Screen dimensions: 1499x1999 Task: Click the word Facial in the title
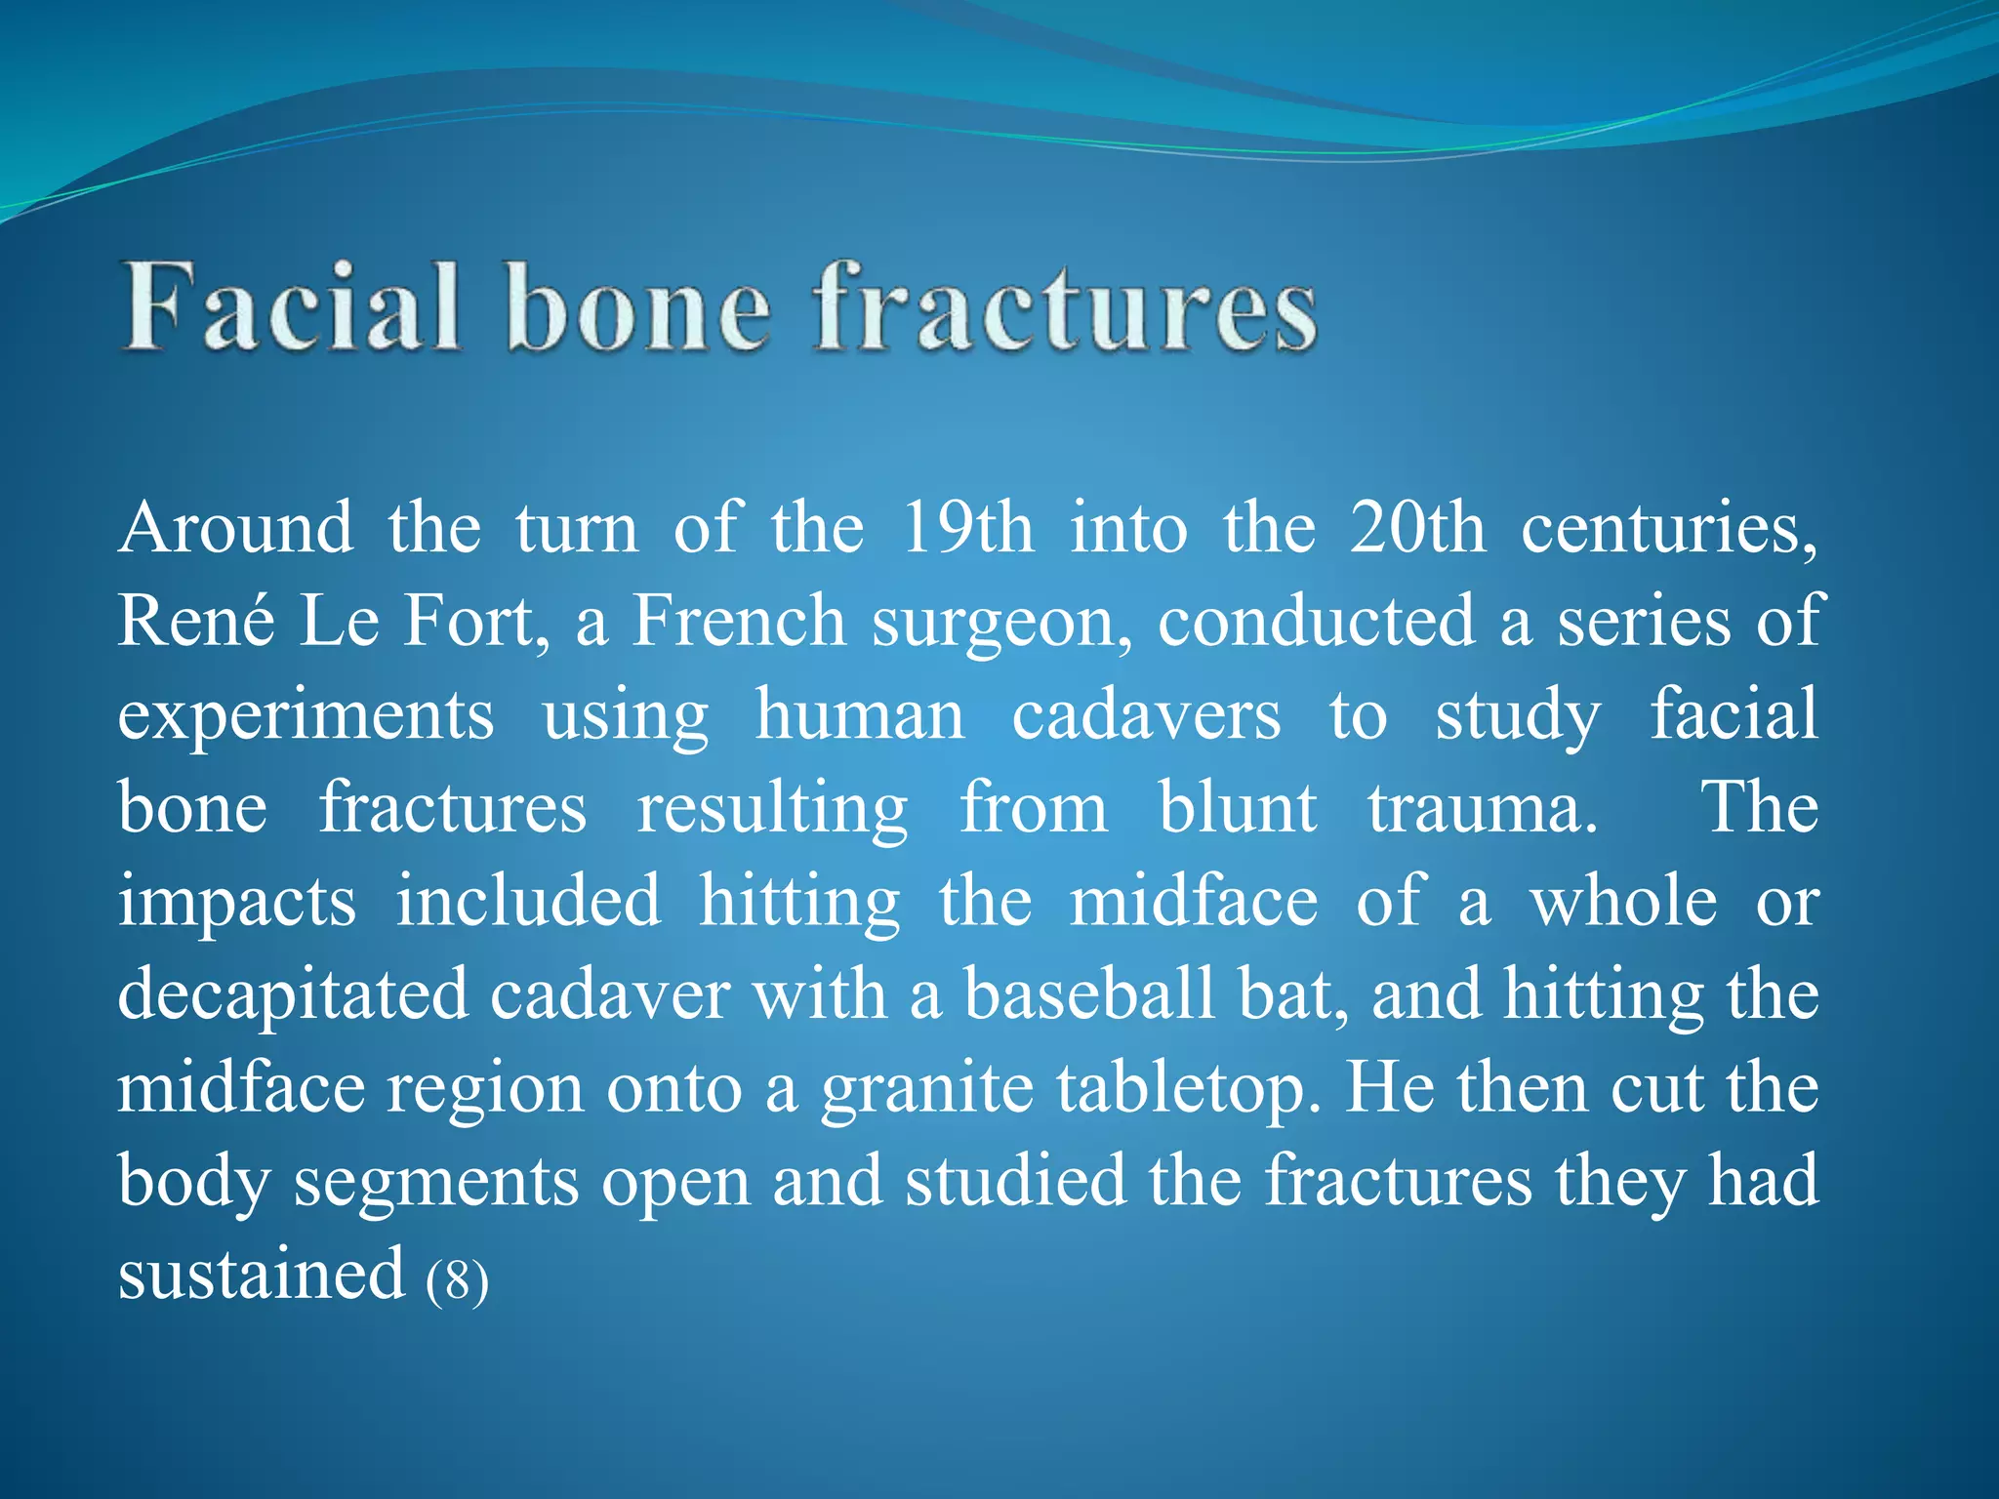click(291, 307)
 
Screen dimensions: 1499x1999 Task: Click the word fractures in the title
click(1066, 307)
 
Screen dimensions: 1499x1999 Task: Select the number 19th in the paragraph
click(966, 528)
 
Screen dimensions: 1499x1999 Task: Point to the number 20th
click(1417, 528)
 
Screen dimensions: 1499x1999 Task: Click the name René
click(196, 621)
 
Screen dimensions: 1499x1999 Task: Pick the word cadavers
click(1146, 714)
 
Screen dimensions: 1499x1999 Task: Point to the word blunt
click(1238, 808)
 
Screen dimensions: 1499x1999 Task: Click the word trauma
click(1482, 808)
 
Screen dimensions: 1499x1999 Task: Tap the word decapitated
click(293, 995)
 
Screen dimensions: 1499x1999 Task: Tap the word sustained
click(261, 1274)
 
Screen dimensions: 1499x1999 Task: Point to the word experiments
click(306, 716)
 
